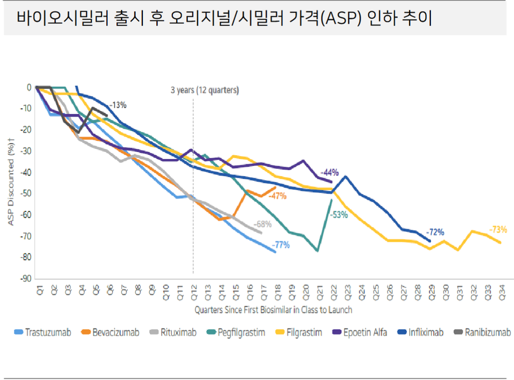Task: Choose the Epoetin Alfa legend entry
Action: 362,332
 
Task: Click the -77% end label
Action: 281,245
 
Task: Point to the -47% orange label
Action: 277,196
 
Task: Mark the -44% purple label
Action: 330,172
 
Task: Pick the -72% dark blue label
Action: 435,232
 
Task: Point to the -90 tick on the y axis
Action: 24,279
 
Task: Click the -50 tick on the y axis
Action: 24,194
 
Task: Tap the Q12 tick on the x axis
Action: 193,291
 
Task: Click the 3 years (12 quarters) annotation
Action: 205,90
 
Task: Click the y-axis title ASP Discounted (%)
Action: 11,183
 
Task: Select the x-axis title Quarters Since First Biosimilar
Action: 273,309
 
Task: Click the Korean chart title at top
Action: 225,19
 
